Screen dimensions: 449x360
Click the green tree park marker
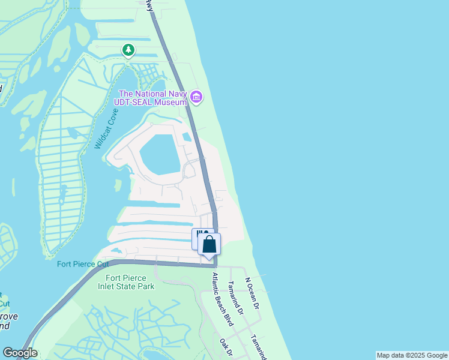coord(128,50)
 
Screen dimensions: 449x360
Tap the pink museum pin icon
coord(196,97)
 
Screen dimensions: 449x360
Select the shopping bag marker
coord(209,244)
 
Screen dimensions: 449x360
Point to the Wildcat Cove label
coord(106,129)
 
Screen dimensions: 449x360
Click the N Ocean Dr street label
coord(252,293)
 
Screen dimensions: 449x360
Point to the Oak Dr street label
coord(226,346)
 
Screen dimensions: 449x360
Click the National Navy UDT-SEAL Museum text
coord(153,98)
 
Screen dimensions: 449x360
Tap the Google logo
coord(20,353)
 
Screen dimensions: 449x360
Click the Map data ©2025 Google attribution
coord(412,355)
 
